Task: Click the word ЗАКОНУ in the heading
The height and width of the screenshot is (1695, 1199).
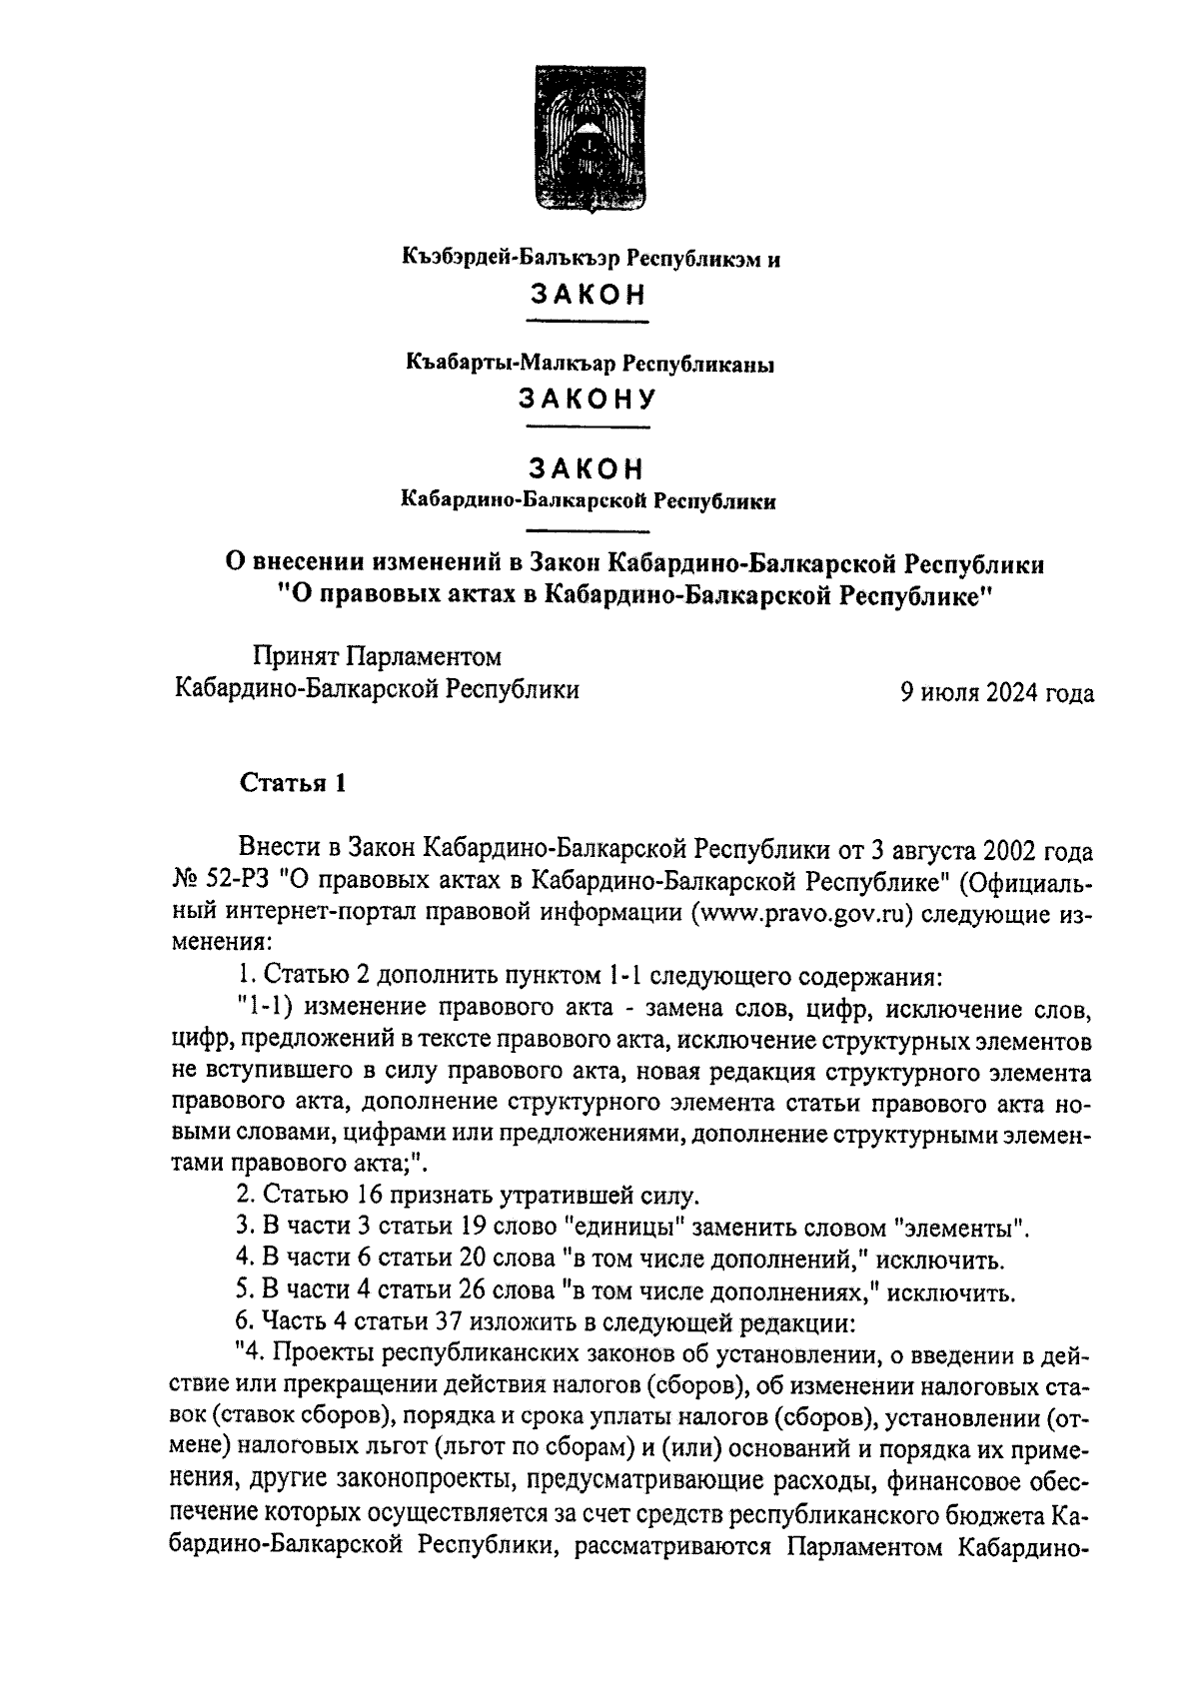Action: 588,400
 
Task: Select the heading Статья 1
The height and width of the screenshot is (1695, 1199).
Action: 293,783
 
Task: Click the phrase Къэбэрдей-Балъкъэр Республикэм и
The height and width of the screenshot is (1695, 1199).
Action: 591,260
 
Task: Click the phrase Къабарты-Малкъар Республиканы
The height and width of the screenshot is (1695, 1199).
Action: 591,365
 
